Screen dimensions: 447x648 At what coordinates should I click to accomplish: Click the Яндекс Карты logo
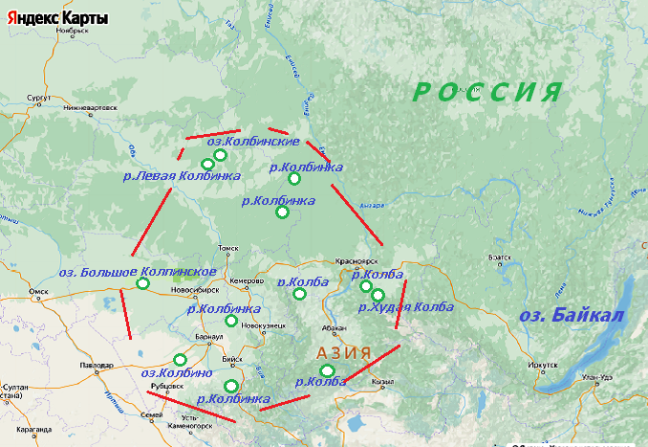point(55,18)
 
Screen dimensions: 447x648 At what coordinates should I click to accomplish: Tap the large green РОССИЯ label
point(486,93)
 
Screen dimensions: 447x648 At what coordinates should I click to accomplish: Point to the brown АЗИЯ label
point(343,352)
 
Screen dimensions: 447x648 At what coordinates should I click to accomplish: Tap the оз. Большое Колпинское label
point(137,271)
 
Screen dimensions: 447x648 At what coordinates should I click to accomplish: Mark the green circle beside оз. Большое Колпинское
point(143,283)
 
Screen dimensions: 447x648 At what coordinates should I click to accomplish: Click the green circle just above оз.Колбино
point(180,360)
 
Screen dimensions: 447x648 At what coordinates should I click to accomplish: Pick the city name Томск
point(227,248)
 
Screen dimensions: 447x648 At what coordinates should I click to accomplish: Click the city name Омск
point(38,291)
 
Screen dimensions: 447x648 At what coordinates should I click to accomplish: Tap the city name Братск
point(500,257)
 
